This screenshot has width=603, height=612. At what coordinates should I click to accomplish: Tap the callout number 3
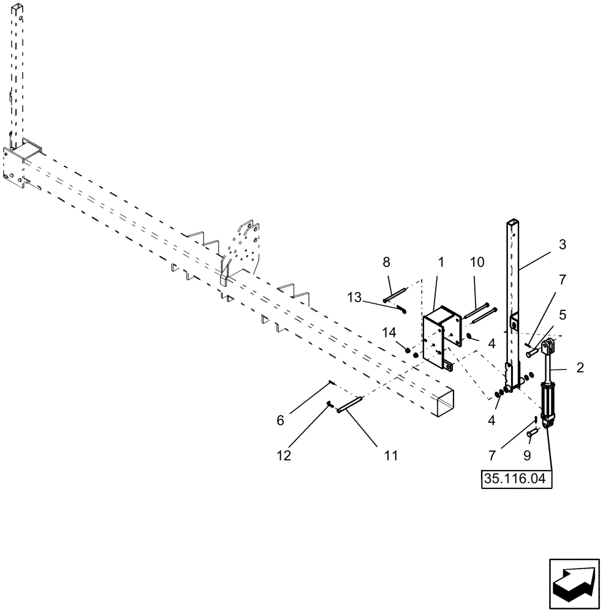562,245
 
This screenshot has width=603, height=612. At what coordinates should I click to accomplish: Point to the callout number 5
562,316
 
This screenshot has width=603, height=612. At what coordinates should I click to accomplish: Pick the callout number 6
281,420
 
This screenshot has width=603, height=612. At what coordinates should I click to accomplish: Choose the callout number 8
386,263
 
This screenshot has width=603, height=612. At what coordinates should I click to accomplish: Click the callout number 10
477,263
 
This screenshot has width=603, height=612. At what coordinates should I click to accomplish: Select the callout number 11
390,455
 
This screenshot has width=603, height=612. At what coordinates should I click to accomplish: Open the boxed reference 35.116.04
517,477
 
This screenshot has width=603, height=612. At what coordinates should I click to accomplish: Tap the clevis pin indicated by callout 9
532,434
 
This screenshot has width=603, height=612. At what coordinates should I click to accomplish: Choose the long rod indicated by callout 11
351,405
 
